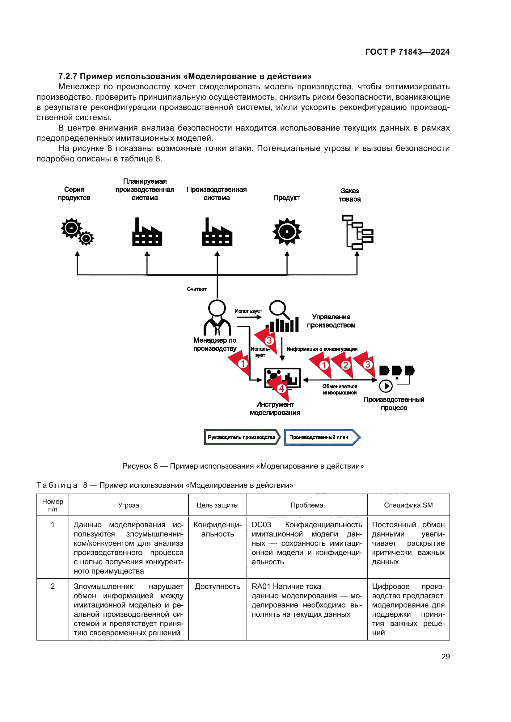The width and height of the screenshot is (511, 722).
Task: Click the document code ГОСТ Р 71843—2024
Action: [x=407, y=52]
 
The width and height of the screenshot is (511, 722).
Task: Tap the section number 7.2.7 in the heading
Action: [x=68, y=77]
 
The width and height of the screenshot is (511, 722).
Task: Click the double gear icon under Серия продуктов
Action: [x=77, y=232]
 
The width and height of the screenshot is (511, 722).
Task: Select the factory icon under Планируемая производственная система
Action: [x=147, y=233]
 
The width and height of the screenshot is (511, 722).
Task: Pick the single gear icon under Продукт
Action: [x=287, y=232]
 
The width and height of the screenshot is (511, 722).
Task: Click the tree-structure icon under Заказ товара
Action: [x=357, y=232]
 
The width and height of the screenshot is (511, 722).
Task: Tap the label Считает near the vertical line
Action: [x=197, y=289]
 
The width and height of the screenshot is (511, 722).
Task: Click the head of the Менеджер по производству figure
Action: [x=217, y=308]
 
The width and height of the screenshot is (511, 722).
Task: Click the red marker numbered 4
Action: [x=281, y=389]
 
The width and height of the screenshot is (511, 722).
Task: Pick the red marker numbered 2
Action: [x=345, y=365]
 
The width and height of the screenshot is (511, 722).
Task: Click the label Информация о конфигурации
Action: [x=322, y=349]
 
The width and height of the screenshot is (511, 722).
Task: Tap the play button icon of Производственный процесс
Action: [x=386, y=386]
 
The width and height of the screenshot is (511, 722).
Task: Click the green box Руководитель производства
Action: [x=242, y=437]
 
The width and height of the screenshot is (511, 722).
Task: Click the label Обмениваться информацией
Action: [x=340, y=389]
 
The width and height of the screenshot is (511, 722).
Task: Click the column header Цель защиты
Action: [x=217, y=505]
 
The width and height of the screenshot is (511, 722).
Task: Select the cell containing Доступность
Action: [x=217, y=586]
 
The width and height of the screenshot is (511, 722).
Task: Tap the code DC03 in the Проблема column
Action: [x=261, y=525]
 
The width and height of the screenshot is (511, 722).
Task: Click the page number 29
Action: [x=445, y=657]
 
